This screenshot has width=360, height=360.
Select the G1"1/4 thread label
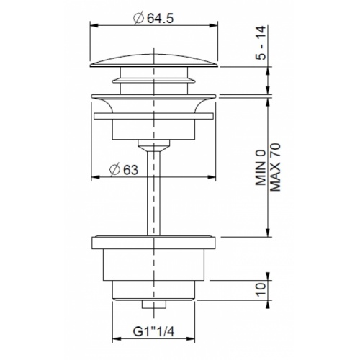(x=154, y=332)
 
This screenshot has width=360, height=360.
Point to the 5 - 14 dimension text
(x=261, y=42)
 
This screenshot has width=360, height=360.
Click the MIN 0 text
(x=261, y=168)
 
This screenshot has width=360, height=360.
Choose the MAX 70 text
(x=275, y=167)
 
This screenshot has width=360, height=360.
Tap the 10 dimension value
(x=261, y=289)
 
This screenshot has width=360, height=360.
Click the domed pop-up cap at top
(x=154, y=61)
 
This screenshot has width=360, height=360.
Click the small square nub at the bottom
(x=154, y=305)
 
